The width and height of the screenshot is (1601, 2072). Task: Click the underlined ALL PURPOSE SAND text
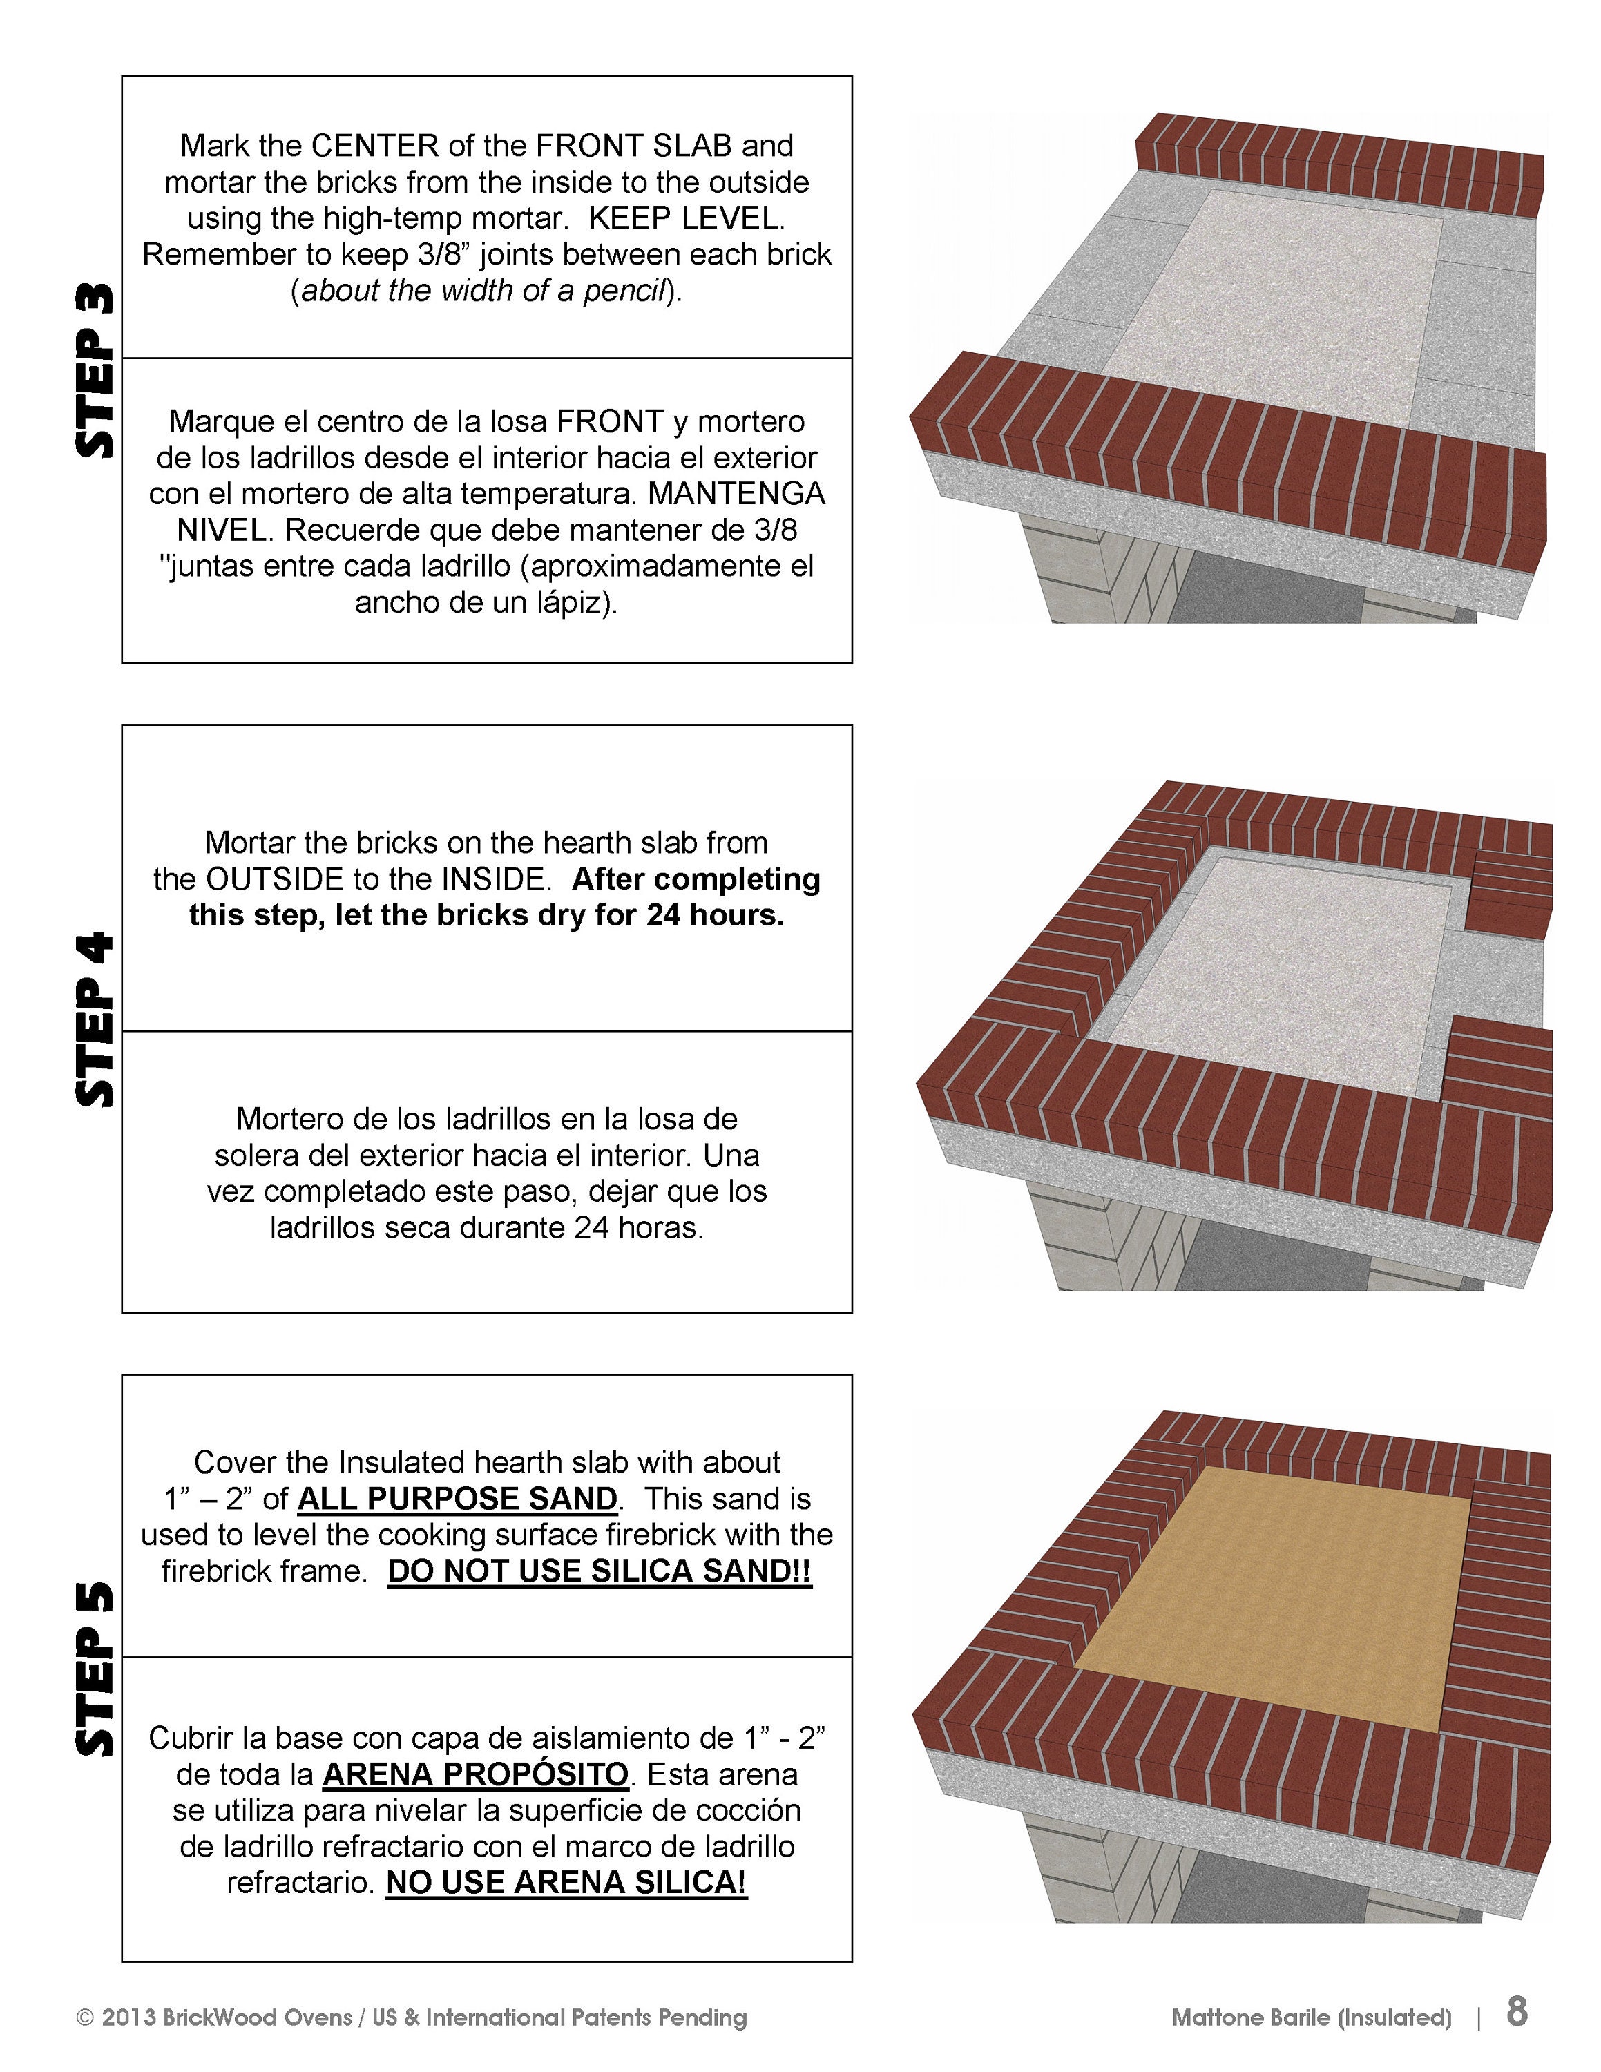coord(457,1499)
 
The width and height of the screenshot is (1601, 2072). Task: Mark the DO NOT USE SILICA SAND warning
coord(600,1571)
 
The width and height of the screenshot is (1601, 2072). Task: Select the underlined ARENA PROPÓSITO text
coord(475,1774)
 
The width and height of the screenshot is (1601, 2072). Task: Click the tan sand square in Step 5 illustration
coord(1271,1603)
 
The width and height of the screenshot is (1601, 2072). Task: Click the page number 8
coord(1517,2011)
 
